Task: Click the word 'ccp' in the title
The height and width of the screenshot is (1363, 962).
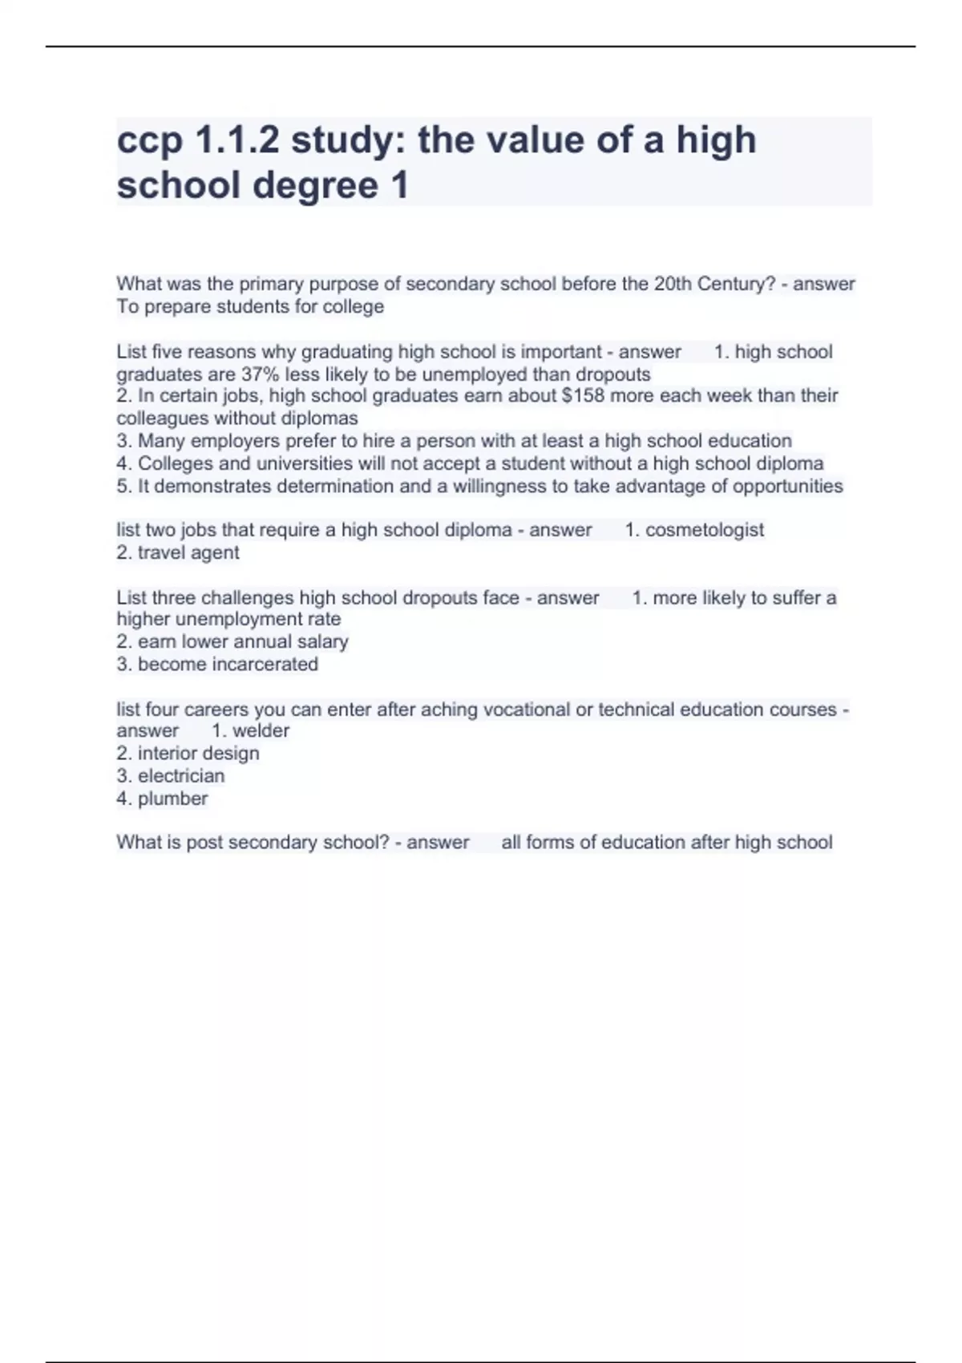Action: click(x=149, y=141)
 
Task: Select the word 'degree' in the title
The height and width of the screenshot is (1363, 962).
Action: click(x=315, y=186)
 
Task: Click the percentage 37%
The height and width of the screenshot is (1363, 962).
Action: click(x=258, y=374)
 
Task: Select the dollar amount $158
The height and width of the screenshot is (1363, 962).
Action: click(x=584, y=395)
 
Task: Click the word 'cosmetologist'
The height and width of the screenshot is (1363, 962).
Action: click(x=704, y=530)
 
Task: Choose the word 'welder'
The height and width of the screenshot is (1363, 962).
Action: click(x=261, y=730)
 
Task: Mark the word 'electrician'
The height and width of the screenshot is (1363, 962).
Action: click(x=181, y=775)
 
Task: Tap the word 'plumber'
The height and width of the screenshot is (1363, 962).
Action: click(x=172, y=799)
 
